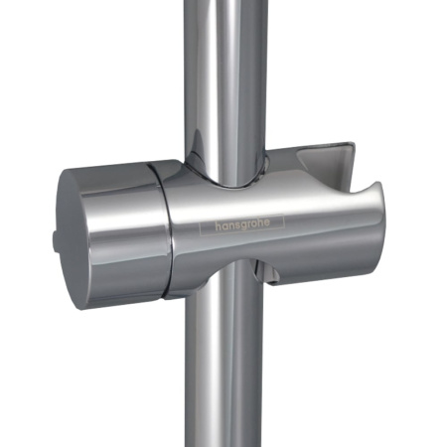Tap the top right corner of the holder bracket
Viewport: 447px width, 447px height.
click(x=353, y=145)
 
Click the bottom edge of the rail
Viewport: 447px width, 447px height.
click(x=223, y=441)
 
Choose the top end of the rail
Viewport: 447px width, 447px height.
click(x=220, y=5)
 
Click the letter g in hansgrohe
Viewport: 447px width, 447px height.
click(x=247, y=224)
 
